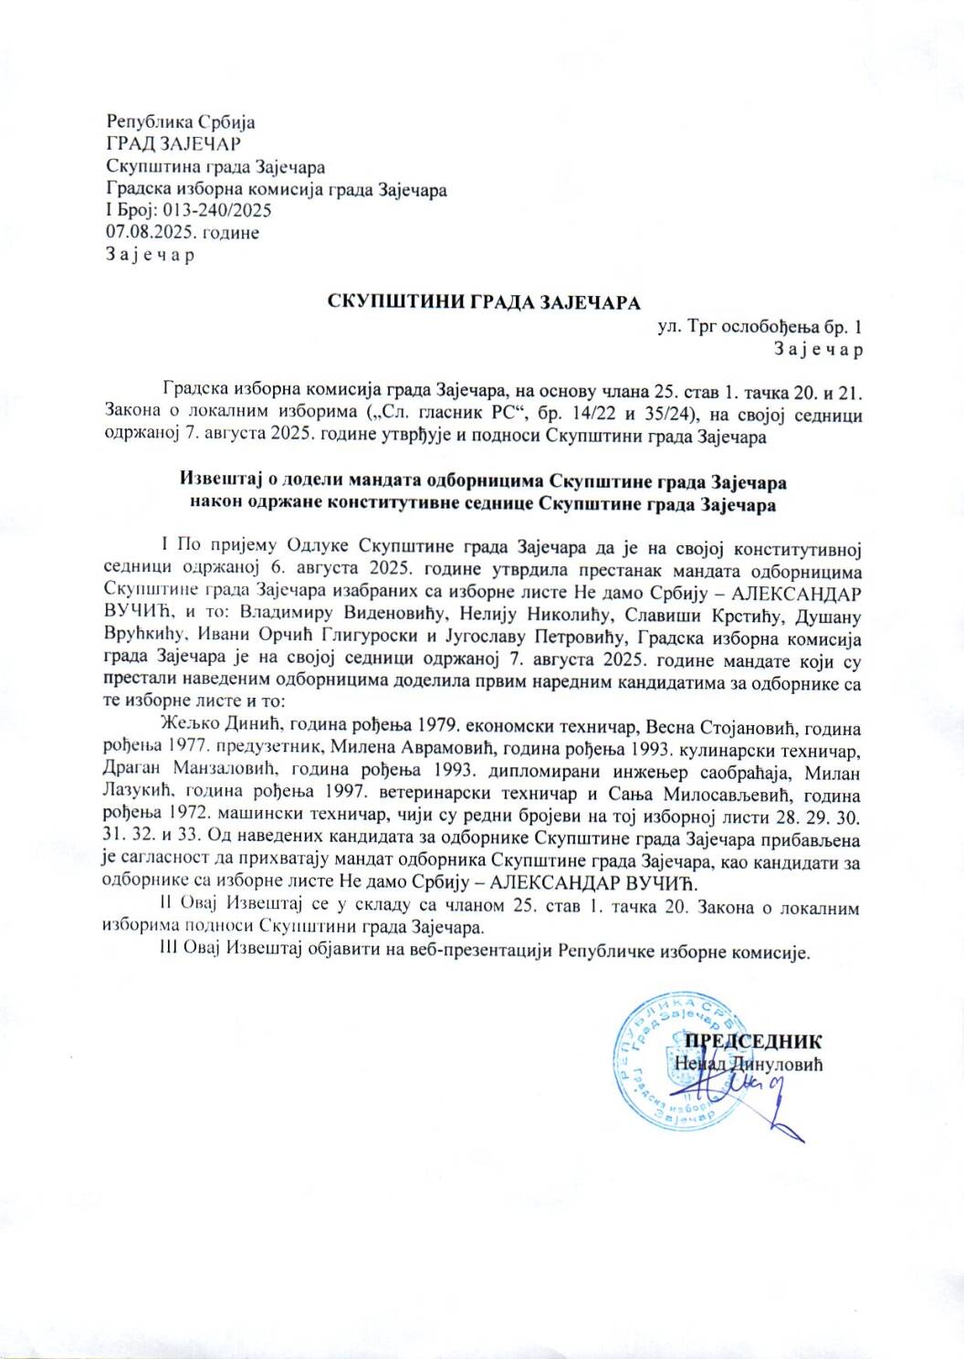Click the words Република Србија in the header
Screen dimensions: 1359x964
click(181, 121)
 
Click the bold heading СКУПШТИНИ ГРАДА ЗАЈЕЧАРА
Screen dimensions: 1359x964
click(485, 302)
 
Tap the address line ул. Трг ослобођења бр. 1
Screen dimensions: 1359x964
click(760, 326)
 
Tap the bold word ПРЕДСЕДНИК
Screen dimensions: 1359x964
click(753, 1041)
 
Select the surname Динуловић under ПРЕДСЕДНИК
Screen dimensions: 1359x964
click(776, 1063)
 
